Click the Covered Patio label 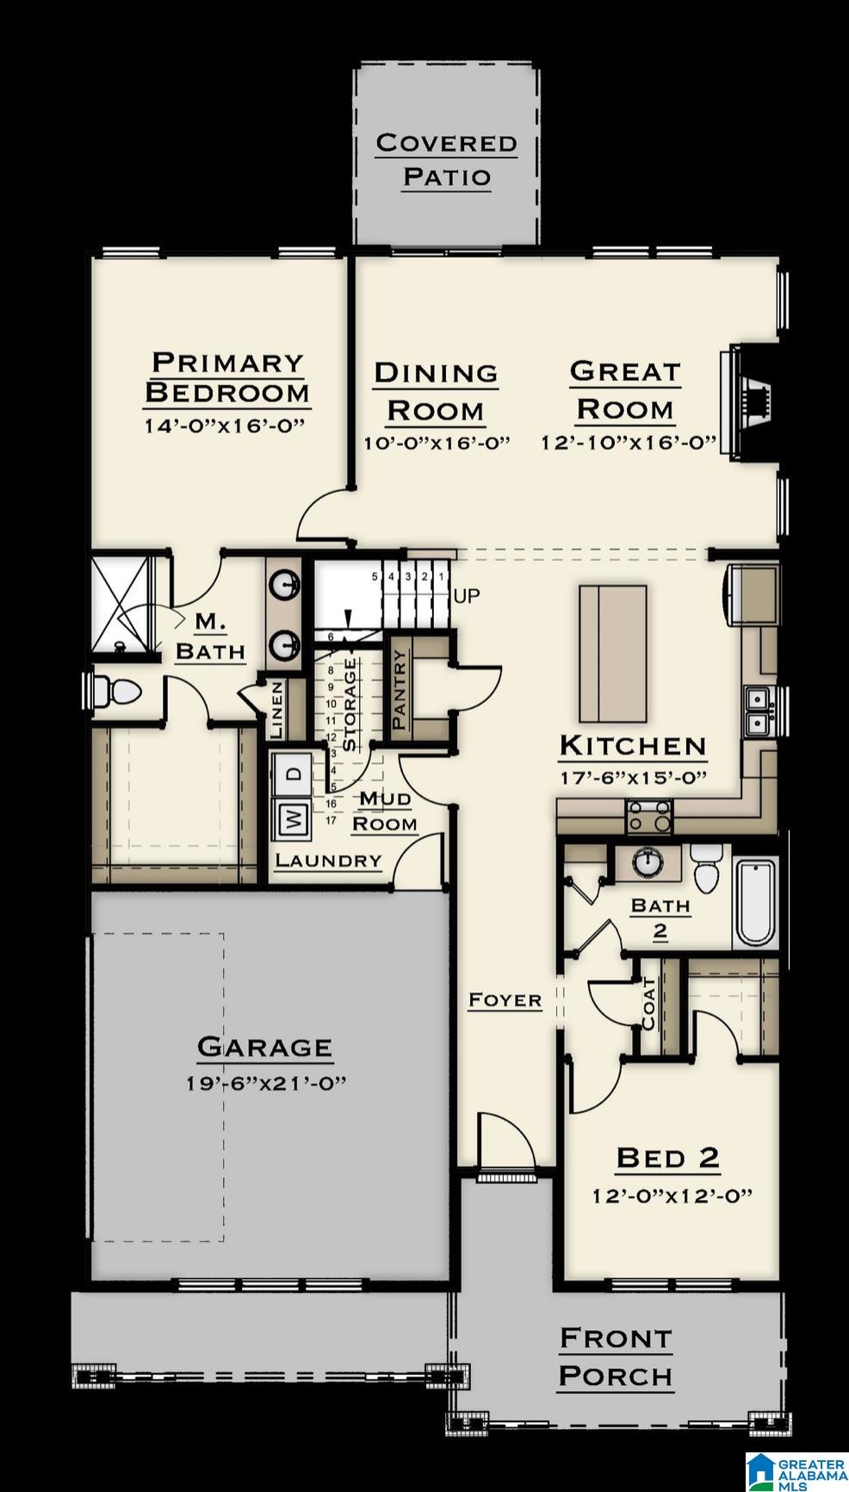pos(446,160)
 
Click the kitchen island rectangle pos(612,654)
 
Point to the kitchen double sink pos(756,709)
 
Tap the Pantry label pos(399,690)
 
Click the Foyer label pos(505,999)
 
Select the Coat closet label pos(648,1004)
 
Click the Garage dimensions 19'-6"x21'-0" pos(264,1083)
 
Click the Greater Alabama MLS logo pos(793,1470)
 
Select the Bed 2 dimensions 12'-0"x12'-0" pos(672,1196)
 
